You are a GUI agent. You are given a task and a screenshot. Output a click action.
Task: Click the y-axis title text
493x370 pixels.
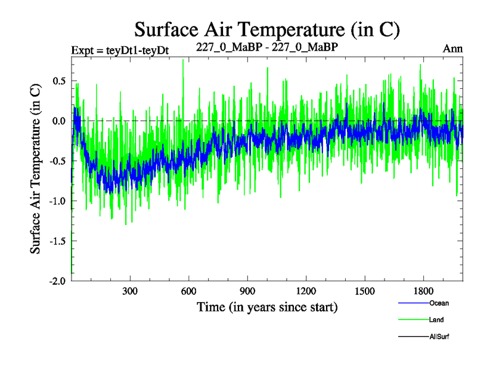[x=35, y=167]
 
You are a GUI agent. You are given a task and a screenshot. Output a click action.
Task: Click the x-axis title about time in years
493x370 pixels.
[x=267, y=306]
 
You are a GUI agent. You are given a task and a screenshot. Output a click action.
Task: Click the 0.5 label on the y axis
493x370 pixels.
[x=59, y=81]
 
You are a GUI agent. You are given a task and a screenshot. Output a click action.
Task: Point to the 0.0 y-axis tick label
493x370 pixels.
[x=59, y=121]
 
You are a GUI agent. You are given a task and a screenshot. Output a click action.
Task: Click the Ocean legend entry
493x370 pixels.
[x=439, y=303]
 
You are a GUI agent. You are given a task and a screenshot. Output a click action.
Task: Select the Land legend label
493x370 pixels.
[x=436, y=320]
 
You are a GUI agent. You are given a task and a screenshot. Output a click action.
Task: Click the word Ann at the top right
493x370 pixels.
[x=452, y=48]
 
